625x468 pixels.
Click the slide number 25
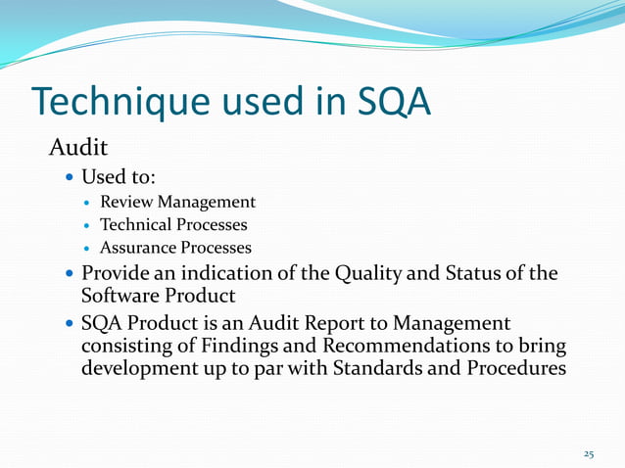click(x=589, y=454)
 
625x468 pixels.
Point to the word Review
click(x=141, y=202)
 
